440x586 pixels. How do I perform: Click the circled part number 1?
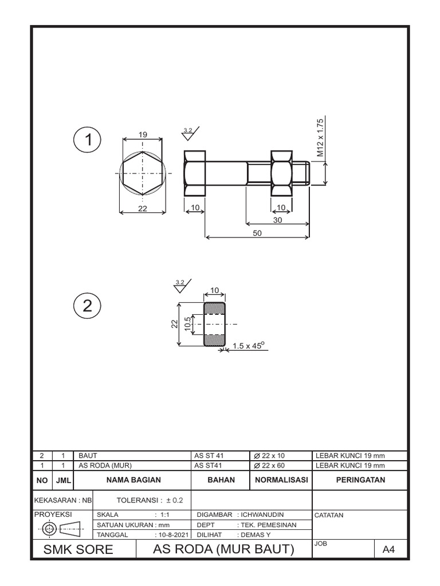(x=88, y=139)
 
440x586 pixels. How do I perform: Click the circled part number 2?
(x=88, y=306)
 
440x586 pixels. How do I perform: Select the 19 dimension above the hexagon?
(x=143, y=135)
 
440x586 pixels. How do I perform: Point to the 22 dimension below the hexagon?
(x=143, y=209)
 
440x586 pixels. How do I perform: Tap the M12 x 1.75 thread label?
(x=321, y=138)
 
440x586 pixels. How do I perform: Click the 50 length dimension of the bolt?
(x=257, y=233)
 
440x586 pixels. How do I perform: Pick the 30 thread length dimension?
(x=278, y=219)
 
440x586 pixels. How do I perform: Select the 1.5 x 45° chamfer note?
(x=247, y=346)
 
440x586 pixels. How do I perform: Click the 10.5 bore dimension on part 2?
(x=187, y=324)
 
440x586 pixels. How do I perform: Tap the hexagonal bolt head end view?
(x=143, y=172)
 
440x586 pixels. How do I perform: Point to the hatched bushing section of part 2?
(x=215, y=324)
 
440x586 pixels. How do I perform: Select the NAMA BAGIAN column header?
(x=133, y=480)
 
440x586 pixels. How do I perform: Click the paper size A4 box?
(x=389, y=551)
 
